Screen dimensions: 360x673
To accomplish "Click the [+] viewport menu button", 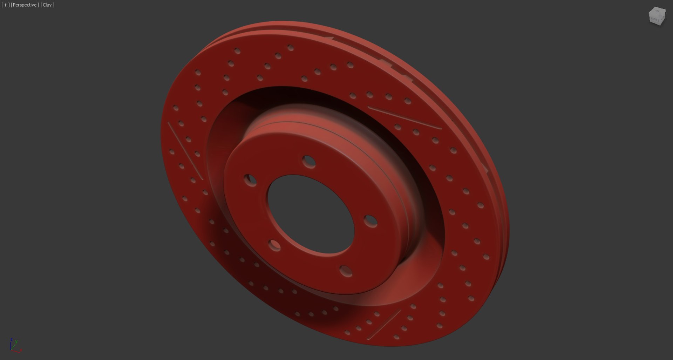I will pyautogui.click(x=5, y=5).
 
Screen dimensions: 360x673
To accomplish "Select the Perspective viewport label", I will pyautogui.click(x=25, y=5).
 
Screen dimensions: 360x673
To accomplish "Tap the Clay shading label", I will pyautogui.click(x=47, y=5).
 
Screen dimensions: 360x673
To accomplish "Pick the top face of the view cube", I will pyautogui.click(x=657, y=12).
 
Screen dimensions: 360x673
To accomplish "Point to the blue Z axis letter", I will pyautogui.click(x=12, y=340).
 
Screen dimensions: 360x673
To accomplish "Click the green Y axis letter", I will pyautogui.click(x=16, y=341).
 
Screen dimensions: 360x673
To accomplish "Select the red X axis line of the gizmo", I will pyautogui.click(x=17, y=350).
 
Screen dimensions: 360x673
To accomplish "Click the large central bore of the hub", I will pyautogui.click(x=311, y=214).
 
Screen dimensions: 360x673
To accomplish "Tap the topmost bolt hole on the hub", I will pyautogui.click(x=309, y=162).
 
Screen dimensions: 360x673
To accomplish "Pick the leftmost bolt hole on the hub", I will pyautogui.click(x=250, y=180).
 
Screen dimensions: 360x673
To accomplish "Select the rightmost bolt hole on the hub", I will pyautogui.click(x=370, y=221).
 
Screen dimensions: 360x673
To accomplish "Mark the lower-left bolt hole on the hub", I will pyautogui.click(x=274, y=245).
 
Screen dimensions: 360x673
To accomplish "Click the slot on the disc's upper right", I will pyautogui.click(x=405, y=118).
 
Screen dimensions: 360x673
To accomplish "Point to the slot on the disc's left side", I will pyautogui.click(x=185, y=151).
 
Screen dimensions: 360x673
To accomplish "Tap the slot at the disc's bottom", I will pyautogui.click(x=384, y=325).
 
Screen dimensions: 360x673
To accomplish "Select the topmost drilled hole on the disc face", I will pyautogui.click(x=291, y=47).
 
